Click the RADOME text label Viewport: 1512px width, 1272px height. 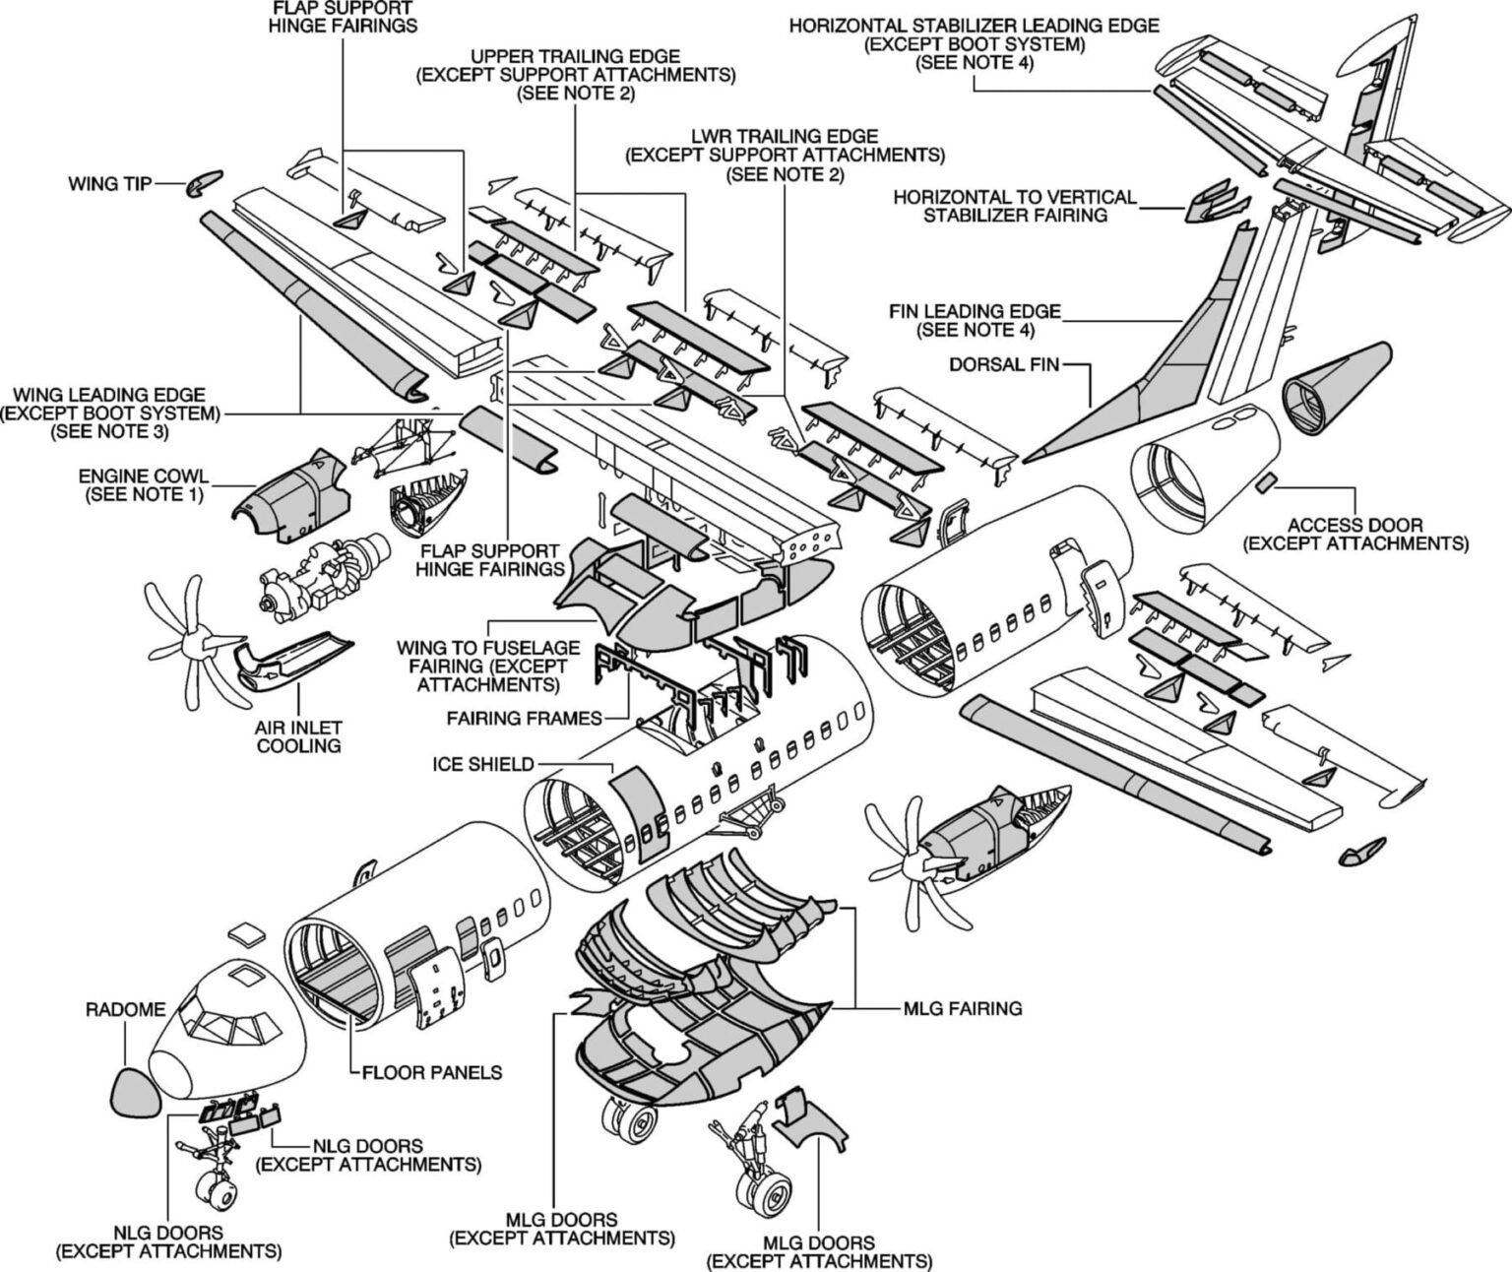[125, 1009]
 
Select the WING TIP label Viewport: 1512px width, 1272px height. [109, 183]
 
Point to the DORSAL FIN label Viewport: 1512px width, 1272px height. [1004, 364]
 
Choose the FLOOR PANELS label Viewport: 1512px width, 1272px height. [432, 1072]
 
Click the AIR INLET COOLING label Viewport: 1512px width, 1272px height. [298, 736]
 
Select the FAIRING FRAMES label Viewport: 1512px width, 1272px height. [524, 718]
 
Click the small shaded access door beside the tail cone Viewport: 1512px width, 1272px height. [1267, 481]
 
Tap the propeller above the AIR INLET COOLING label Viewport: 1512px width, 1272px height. [193, 643]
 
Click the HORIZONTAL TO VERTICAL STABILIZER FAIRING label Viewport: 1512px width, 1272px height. [1014, 206]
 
